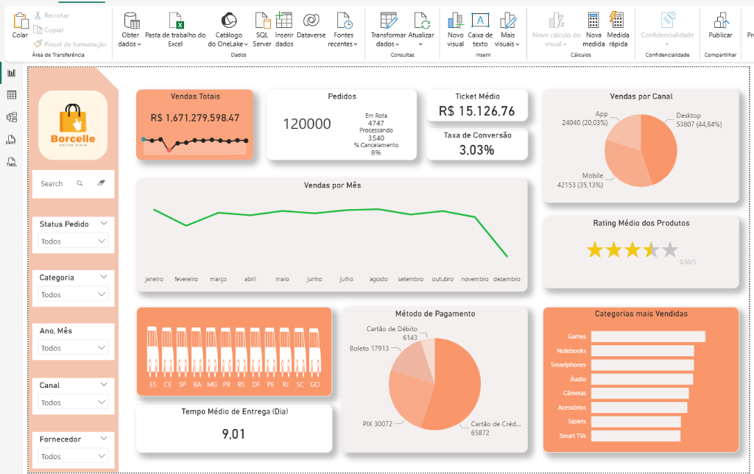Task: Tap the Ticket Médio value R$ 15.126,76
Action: pyautogui.click(x=476, y=111)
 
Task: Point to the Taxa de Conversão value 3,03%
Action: pyautogui.click(x=476, y=150)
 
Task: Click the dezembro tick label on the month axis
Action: pyautogui.click(x=506, y=280)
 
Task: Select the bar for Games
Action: pyautogui.click(x=648, y=336)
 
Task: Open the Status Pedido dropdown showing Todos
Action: pyautogui.click(x=73, y=241)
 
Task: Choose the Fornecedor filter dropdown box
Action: pyautogui.click(x=73, y=456)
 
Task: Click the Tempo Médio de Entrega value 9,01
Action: pyautogui.click(x=233, y=434)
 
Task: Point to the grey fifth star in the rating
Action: pyautogui.click(x=669, y=250)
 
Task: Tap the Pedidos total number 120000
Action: pyautogui.click(x=307, y=124)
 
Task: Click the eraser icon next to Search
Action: pyautogui.click(x=101, y=183)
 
